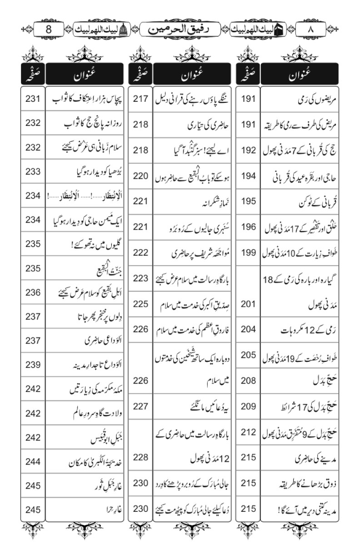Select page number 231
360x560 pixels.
(33, 99)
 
